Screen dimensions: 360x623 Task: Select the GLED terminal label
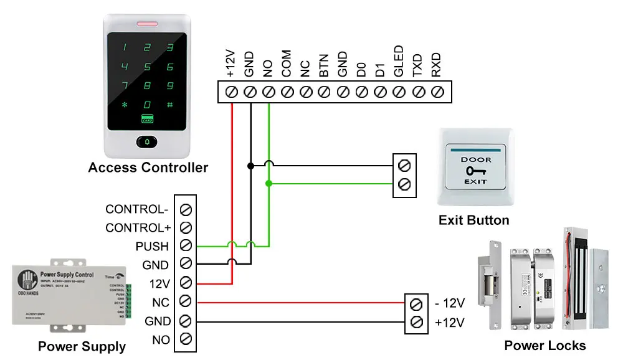pos(399,61)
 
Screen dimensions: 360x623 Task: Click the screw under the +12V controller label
pos(232,92)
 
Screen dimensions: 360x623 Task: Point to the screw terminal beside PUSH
pos(185,245)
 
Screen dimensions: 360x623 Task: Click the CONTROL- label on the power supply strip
pos(137,209)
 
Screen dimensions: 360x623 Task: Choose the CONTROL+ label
pos(138,228)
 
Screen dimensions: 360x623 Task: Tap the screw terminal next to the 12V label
pos(185,283)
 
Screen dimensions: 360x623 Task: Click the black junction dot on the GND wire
pos(250,166)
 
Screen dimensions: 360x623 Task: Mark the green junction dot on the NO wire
pos(269,184)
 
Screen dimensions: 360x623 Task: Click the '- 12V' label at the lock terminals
pos(450,303)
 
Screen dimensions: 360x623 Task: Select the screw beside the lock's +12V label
pos(417,323)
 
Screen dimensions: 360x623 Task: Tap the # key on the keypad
pos(169,105)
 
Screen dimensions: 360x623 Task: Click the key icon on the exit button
pos(475,170)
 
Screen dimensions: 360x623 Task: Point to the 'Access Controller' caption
pos(148,167)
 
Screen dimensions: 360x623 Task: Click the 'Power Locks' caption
pos(545,345)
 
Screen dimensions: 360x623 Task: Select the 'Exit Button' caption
pos(473,220)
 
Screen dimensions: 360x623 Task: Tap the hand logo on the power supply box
pos(27,278)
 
